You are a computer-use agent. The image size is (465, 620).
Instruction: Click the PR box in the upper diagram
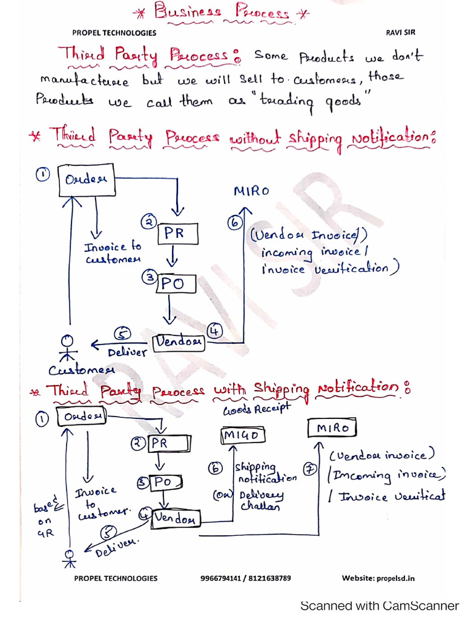pyautogui.click(x=177, y=234)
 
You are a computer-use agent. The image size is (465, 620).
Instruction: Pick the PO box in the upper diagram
pyautogui.click(x=177, y=283)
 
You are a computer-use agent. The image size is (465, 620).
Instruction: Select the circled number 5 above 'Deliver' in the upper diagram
pyautogui.click(x=123, y=334)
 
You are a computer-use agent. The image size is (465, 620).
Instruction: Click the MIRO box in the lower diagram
pyautogui.click(x=332, y=428)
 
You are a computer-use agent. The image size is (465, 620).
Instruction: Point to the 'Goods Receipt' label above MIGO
pyautogui.click(x=256, y=410)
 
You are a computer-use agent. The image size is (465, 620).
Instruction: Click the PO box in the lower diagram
pyautogui.click(x=160, y=483)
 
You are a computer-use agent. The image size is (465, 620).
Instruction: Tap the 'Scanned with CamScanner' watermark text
pyautogui.click(x=380, y=605)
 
